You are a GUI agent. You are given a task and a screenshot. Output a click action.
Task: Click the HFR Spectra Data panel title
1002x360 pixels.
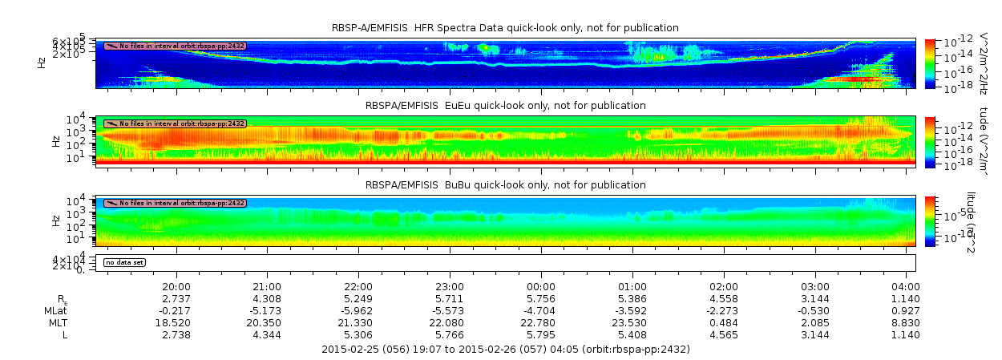coord(505,28)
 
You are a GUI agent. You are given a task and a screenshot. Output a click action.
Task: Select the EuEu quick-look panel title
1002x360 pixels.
coord(505,106)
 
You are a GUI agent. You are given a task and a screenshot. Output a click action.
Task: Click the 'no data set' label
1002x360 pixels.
coord(125,262)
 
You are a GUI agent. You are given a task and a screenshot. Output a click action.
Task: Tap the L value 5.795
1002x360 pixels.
coord(541,334)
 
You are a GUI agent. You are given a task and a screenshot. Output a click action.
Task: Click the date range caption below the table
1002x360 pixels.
coord(505,350)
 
